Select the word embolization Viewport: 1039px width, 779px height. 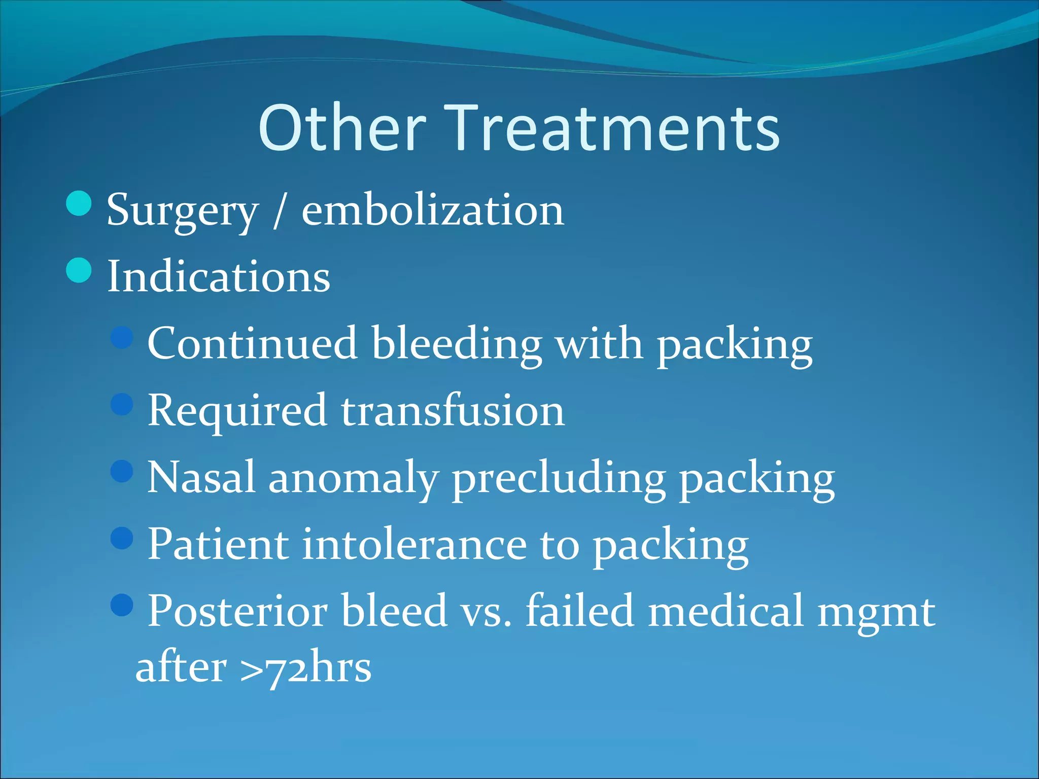click(432, 210)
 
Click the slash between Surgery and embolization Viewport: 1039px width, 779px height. click(279, 211)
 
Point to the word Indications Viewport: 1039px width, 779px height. click(219, 277)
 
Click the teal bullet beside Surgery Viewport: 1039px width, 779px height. click(79, 204)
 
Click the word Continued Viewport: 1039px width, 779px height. click(252, 344)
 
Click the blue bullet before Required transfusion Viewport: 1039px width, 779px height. click(122, 404)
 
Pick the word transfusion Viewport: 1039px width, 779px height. click(452, 411)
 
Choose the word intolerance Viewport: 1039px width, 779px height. click(414, 544)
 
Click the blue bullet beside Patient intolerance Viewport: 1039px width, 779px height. click(122, 538)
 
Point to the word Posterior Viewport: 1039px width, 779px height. click(237, 611)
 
